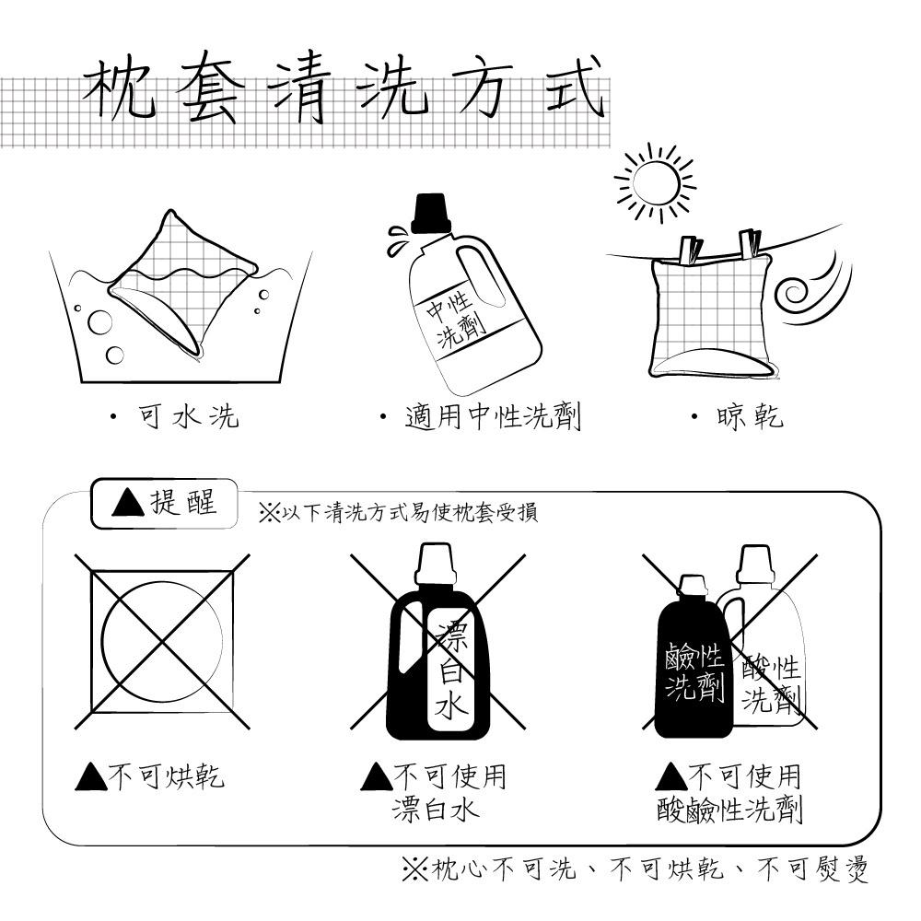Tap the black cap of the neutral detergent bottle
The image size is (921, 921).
click(430, 214)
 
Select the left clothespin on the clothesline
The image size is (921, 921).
click(688, 250)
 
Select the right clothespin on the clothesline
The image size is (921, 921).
click(750, 243)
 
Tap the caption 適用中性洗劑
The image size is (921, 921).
click(492, 417)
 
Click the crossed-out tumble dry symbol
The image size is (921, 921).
click(162, 641)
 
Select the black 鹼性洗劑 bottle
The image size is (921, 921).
click(694, 668)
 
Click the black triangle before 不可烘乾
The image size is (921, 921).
click(91, 777)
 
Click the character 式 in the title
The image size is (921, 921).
click(574, 90)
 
